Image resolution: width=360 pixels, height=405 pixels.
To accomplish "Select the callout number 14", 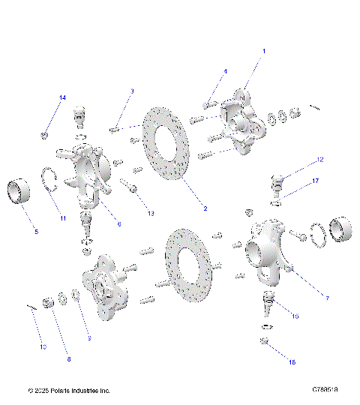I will tap(63, 98).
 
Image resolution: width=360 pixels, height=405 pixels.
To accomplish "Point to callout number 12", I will tap(319, 160).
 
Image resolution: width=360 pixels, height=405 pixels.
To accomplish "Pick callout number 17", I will tap(316, 181).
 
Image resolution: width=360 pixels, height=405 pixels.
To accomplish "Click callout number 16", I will tap(292, 361).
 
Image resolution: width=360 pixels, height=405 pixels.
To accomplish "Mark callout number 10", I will tap(43, 347).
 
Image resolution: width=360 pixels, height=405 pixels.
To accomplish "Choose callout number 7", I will tap(306, 298).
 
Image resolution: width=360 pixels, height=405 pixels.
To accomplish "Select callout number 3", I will tap(132, 91).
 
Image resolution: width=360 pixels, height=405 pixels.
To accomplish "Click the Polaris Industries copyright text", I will tap(69, 391).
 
